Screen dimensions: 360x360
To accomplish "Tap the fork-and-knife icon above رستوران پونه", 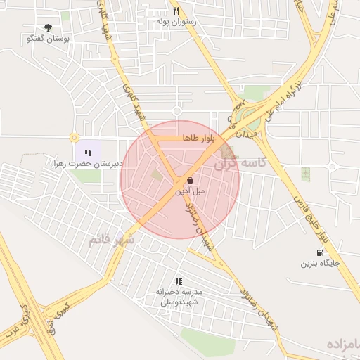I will (x=176, y=11).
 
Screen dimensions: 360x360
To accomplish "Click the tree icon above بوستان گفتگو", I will (x=48, y=27).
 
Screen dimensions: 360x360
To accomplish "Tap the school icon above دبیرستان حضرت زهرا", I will (x=88, y=152).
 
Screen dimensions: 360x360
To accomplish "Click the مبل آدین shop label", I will (x=191, y=191).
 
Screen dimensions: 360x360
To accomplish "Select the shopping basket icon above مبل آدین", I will (x=191, y=180).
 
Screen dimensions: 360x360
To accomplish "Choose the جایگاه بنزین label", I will (x=321, y=264).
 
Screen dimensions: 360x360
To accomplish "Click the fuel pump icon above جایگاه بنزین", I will (x=321, y=253).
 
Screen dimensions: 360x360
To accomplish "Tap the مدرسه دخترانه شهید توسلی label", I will (x=180, y=296).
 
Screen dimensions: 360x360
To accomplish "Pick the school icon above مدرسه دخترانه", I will (x=179, y=281).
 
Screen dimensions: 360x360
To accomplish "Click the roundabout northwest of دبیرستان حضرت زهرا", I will (x=74, y=138).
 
